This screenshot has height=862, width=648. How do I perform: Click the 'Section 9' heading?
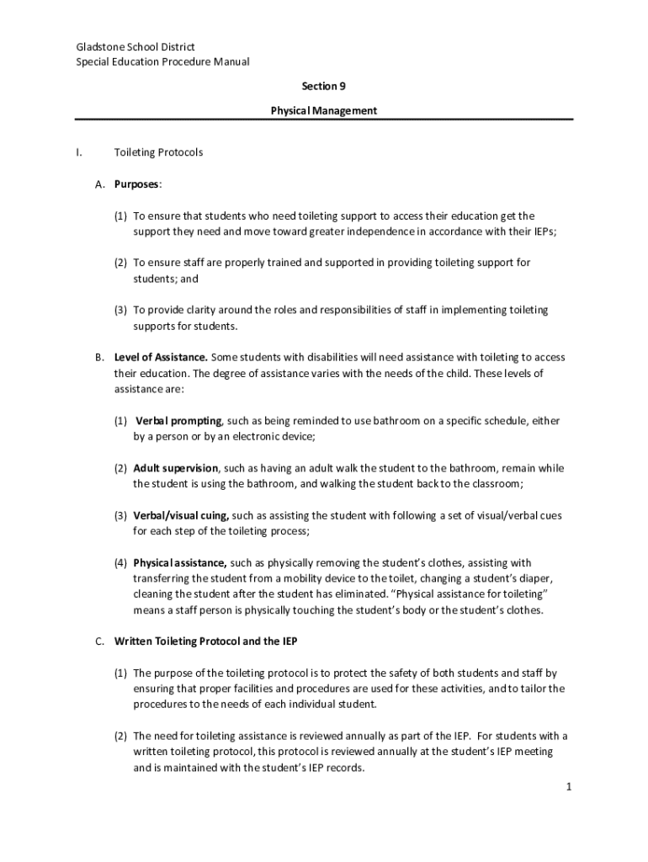324,86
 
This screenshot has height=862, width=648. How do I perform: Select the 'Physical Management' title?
324,110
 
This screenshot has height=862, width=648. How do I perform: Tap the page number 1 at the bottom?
569,786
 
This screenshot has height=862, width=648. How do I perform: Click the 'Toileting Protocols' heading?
158,152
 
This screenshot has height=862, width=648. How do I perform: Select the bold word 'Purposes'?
136,184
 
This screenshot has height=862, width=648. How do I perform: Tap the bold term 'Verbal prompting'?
178,420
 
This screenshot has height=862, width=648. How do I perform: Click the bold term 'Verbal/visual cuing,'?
180,515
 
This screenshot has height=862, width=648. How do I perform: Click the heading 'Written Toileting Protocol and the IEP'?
205,641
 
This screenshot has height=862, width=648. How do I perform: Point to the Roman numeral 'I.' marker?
78,152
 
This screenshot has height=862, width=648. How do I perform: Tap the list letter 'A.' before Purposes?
99,184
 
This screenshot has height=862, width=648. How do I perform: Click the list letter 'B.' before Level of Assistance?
99,357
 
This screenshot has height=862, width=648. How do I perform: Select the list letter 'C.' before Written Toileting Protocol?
99,641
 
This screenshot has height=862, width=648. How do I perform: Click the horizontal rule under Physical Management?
324,120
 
